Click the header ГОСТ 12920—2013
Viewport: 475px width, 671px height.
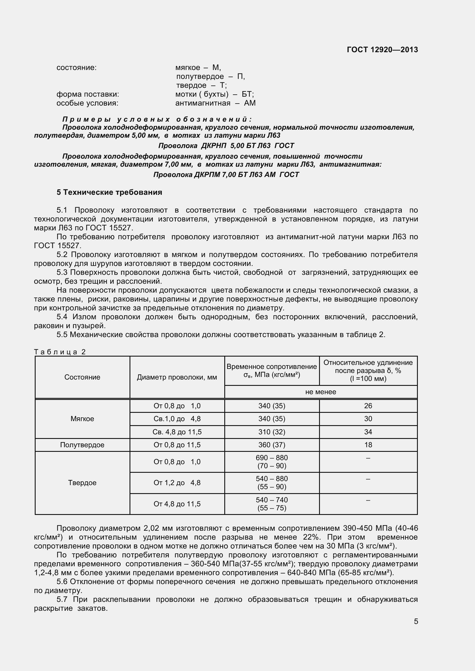[382, 50]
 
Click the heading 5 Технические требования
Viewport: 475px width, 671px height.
[109, 192]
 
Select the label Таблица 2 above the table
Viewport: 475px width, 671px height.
[60, 352]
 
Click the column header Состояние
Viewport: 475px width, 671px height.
[82, 377]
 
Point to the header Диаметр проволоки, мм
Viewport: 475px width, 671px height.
[177, 377]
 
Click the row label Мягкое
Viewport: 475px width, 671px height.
[82, 419]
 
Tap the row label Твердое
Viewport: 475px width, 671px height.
[82, 483]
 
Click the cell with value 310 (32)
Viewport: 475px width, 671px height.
[272, 432]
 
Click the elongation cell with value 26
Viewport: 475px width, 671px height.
[368, 406]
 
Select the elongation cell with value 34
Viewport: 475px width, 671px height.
[368, 432]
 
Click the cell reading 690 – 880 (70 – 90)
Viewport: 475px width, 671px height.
[272, 462]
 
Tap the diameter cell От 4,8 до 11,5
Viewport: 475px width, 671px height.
[177, 504]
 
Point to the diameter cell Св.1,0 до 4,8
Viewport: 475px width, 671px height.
[177, 419]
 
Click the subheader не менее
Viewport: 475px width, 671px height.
[320, 392]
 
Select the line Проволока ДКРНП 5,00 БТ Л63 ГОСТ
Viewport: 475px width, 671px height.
[226, 145]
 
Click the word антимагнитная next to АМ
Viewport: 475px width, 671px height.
[203, 103]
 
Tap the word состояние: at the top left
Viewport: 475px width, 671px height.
[76, 68]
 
